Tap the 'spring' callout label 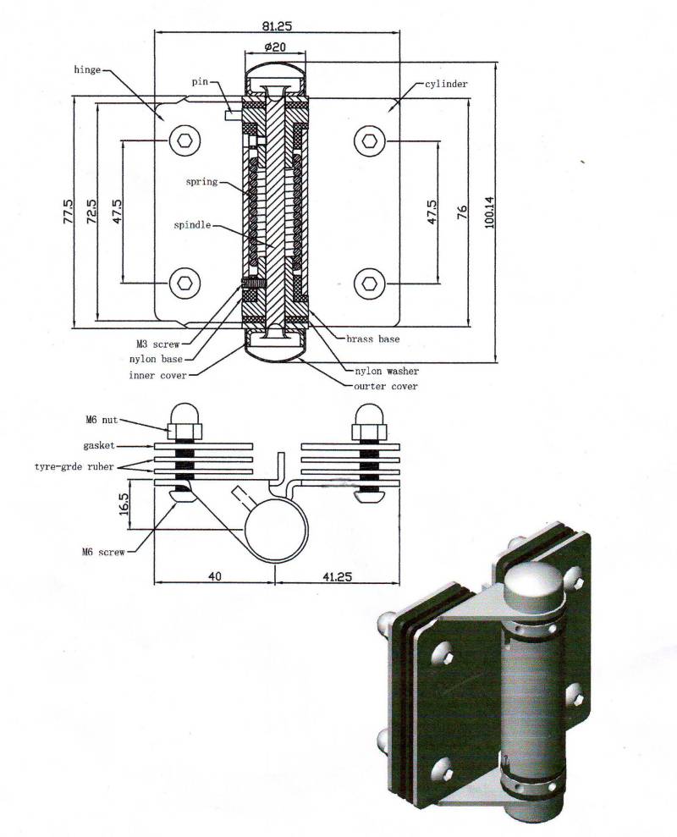202,182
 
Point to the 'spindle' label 193,226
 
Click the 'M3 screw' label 157,344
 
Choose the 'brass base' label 372,339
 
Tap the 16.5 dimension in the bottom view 124,506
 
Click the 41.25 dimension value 336,576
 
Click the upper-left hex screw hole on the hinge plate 184,140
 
